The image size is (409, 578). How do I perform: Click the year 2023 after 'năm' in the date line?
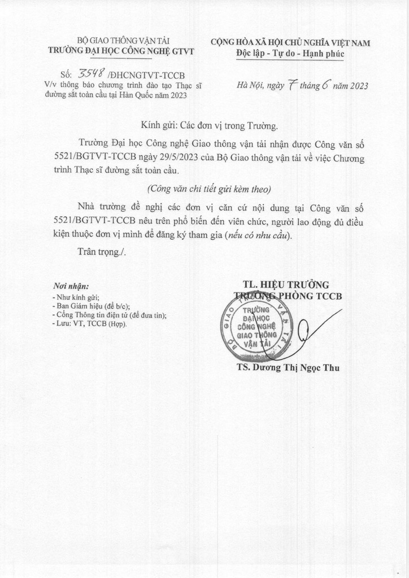click(357, 86)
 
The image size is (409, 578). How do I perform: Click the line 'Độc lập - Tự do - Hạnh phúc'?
click(290, 54)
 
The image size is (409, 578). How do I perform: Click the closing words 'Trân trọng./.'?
click(102, 251)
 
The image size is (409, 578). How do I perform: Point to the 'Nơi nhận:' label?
click(71, 286)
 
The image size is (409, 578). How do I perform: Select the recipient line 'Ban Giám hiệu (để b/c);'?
click(89, 306)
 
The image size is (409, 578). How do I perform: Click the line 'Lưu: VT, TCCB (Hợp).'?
click(89, 324)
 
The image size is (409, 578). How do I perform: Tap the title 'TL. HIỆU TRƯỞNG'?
click(286, 284)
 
